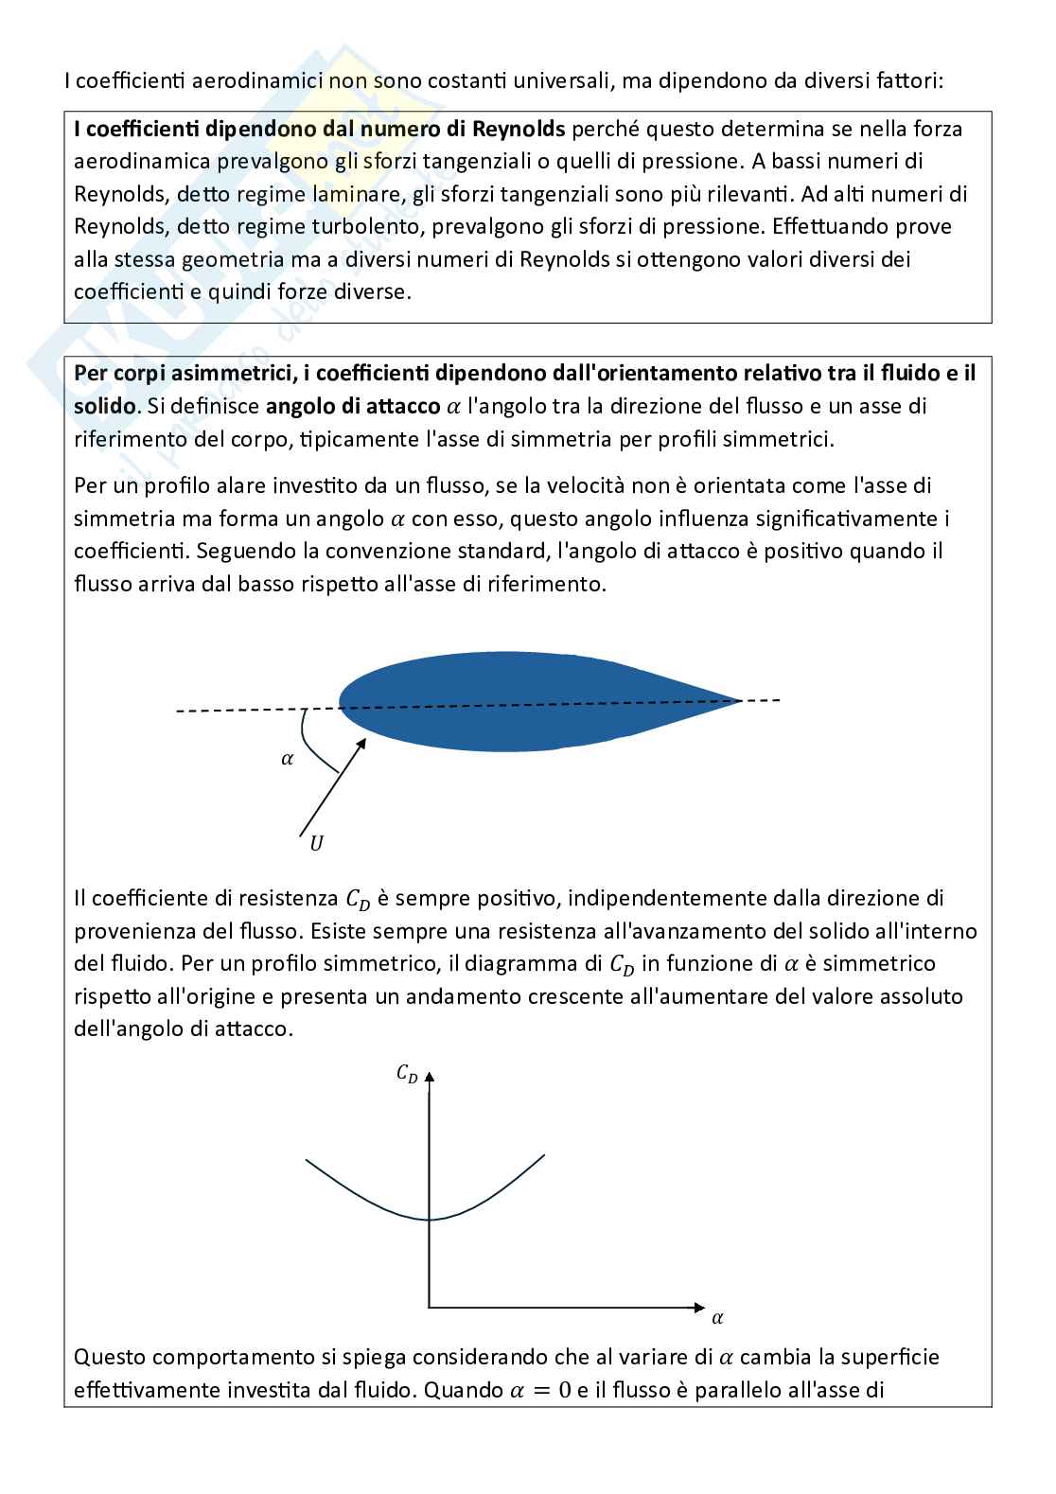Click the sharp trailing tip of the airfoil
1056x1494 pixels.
[x=739, y=700]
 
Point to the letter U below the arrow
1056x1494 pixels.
[x=316, y=843]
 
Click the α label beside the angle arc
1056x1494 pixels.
[x=288, y=758]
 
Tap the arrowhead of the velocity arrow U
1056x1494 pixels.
[x=361, y=744]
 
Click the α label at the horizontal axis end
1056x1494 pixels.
[x=717, y=1317]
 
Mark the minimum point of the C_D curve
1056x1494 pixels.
[x=431, y=1220]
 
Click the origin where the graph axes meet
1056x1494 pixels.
[x=431, y=1308]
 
